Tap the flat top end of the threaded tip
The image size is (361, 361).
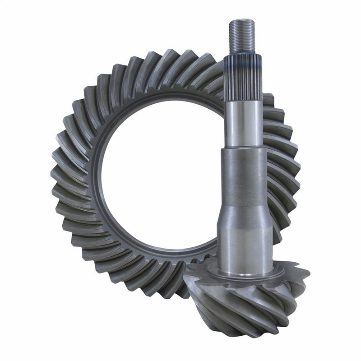click(x=242, y=21)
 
